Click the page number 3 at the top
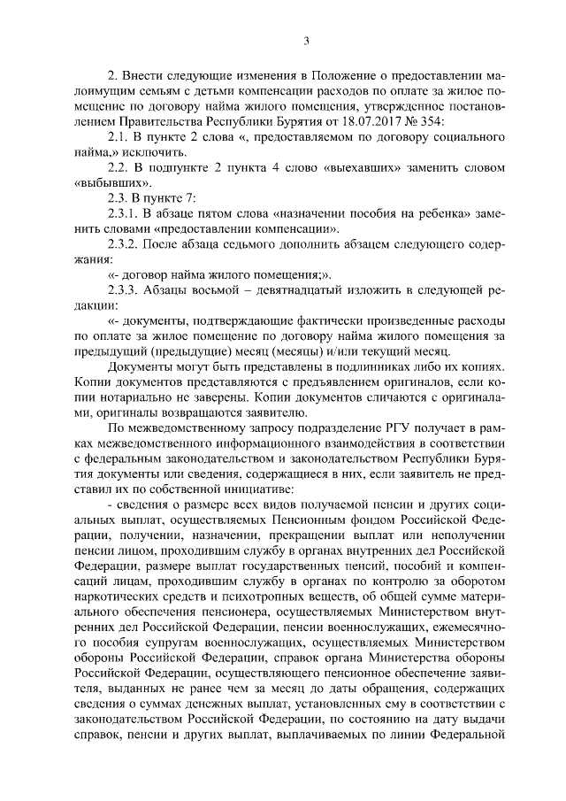coord(305,40)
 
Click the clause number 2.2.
coord(118,169)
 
